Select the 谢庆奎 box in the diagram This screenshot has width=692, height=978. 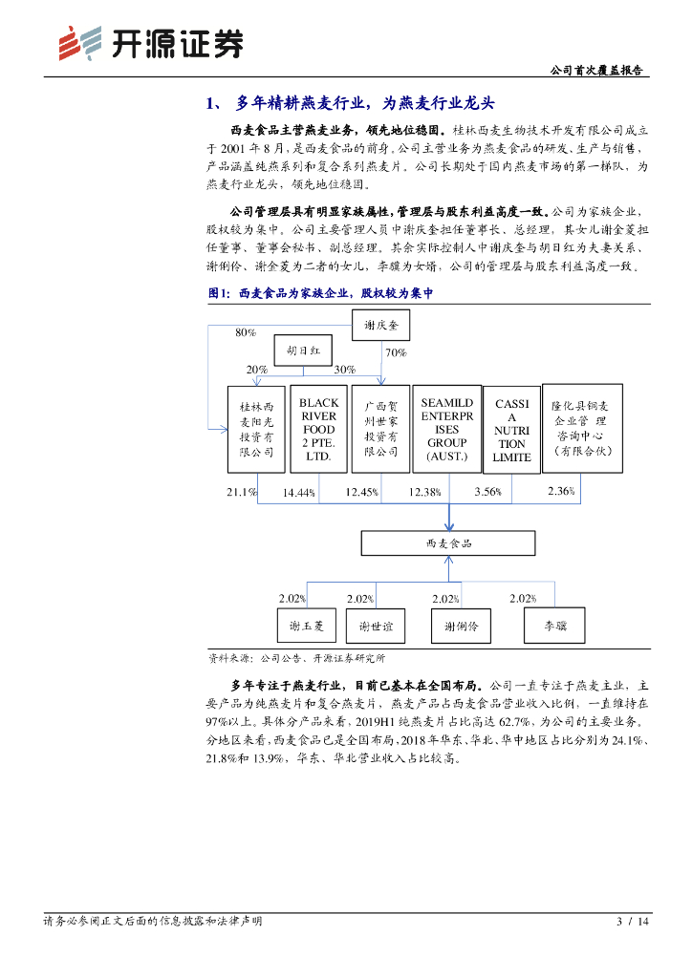pos(387,326)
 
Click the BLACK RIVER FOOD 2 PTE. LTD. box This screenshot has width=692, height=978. pos(318,429)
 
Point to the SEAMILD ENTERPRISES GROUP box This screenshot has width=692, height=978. pos(446,429)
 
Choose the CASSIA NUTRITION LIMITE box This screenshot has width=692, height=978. pos(511,430)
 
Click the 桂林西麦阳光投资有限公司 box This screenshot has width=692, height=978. pos(256,429)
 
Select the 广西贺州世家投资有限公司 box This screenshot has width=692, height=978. pos(380,429)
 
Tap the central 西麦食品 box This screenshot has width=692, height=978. pos(448,542)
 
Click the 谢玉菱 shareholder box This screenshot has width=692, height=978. pos(307,626)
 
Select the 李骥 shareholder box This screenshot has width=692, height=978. pos(554,626)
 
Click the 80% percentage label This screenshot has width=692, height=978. pos(246,332)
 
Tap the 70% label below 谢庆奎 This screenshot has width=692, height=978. pos(396,352)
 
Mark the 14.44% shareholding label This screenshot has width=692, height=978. pos(298,492)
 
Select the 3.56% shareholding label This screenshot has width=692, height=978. pos(487,491)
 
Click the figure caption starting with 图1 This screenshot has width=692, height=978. pos(321,294)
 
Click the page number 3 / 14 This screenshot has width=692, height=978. pos(633,921)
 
